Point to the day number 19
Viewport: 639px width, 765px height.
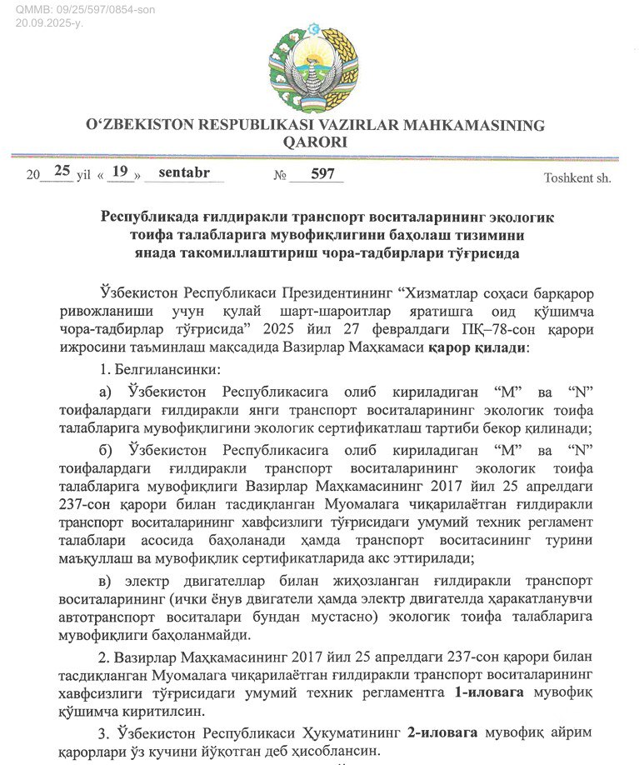click(x=122, y=172)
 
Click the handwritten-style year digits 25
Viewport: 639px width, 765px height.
click(x=62, y=172)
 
